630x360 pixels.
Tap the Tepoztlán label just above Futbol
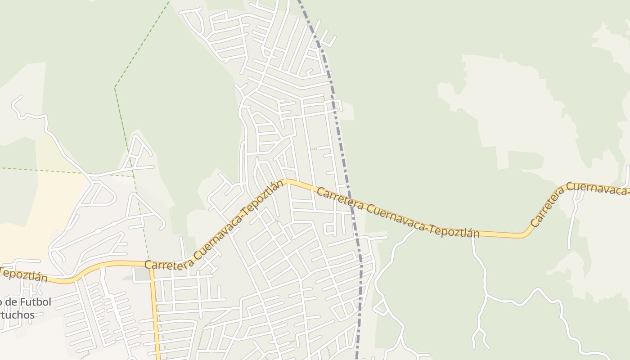pos(24,274)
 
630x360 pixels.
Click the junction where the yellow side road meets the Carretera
pos(151,265)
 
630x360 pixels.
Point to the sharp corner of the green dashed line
pos(115,87)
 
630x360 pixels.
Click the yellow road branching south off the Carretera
pos(155,315)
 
